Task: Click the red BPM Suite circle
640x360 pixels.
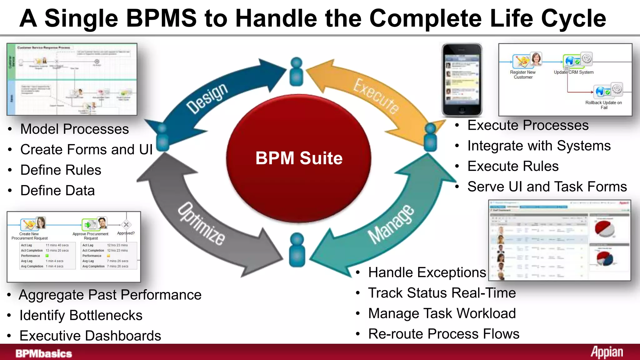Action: pos(298,158)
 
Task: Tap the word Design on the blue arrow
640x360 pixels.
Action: pos(207,98)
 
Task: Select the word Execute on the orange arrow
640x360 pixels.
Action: pos(376,96)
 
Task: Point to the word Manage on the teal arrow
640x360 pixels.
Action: pos(391,224)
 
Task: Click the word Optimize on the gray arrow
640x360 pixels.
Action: pos(201,224)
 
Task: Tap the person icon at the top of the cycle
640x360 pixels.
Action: pos(296,72)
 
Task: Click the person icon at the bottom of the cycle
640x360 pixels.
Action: pos(297,250)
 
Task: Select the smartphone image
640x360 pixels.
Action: pos(462,80)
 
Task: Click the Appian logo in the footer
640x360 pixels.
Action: pos(607,352)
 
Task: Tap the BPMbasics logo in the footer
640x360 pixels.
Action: pos(44,353)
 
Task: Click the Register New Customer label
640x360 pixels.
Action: pos(523,75)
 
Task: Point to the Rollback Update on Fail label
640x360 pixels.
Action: pos(603,105)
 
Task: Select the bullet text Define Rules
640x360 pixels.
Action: pos(61,170)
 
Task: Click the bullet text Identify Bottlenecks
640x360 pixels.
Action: pos(81,315)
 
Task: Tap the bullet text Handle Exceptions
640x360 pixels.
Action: pos(427,272)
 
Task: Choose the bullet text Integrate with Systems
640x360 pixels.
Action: pos(539,146)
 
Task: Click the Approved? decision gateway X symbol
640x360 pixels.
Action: pos(126,225)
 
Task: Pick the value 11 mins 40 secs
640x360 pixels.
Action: pos(57,245)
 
